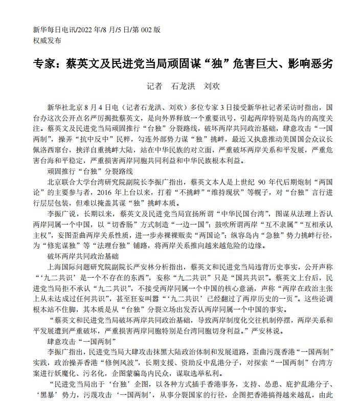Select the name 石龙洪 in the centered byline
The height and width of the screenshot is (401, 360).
pyautogui.click(x=183, y=86)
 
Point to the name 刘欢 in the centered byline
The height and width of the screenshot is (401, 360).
pyautogui.click(x=212, y=86)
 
